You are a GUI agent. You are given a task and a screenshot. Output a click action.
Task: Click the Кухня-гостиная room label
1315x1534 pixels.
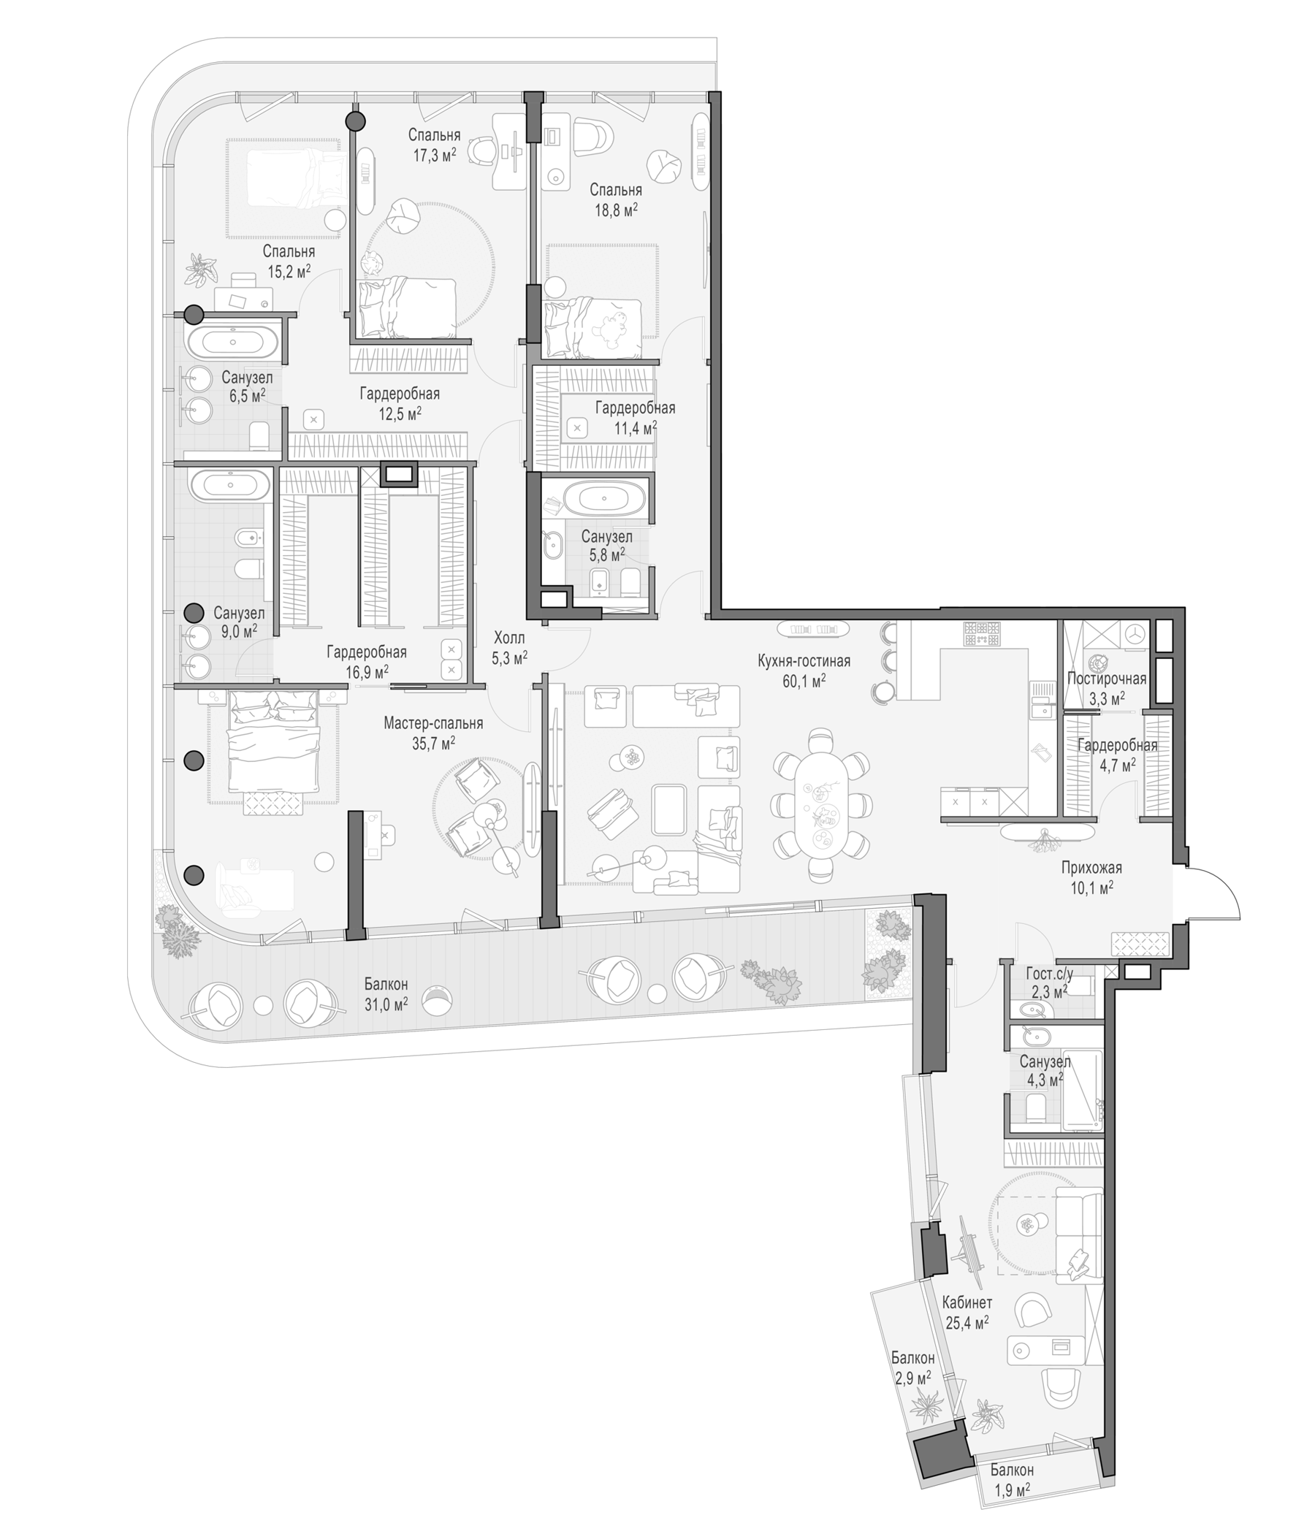point(804,661)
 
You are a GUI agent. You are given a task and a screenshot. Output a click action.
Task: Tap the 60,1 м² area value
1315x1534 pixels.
point(804,681)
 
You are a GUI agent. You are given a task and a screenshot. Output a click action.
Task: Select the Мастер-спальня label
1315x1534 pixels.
point(433,723)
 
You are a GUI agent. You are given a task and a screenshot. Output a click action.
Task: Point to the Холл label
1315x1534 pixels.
point(509,638)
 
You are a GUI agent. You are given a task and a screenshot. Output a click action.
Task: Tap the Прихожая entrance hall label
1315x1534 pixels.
point(1091,868)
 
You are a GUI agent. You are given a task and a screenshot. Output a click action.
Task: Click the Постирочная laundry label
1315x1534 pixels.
point(1106,678)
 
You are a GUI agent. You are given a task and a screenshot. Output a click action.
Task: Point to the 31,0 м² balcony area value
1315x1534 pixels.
point(386,1004)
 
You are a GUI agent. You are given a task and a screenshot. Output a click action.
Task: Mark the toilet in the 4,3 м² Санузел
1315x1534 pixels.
point(1034,1108)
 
